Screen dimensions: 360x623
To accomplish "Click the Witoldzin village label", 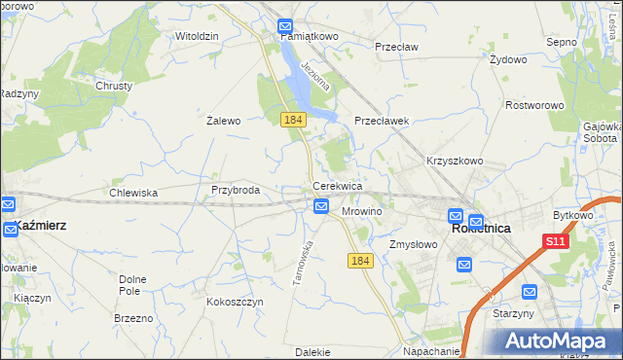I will click(197, 36).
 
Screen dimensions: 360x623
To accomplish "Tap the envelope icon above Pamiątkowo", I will click(285, 26).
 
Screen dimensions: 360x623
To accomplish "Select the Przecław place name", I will click(396, 46).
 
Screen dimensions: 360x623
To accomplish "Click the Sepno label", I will click(563, 42).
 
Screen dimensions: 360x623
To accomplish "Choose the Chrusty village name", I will click(114, 86).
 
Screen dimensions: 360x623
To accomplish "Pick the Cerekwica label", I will click(338, 185).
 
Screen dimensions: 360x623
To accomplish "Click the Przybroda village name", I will click(236, 190).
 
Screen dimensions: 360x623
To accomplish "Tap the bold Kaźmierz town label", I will click(40, 225).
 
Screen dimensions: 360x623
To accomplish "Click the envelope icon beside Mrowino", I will click(321, 205).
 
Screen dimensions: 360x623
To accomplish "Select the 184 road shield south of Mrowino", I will click(360, 261).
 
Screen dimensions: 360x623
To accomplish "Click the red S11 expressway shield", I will click(555, 241).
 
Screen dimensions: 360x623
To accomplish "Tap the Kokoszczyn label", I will click(235, 302).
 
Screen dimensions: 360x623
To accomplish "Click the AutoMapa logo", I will click(556, 341).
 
